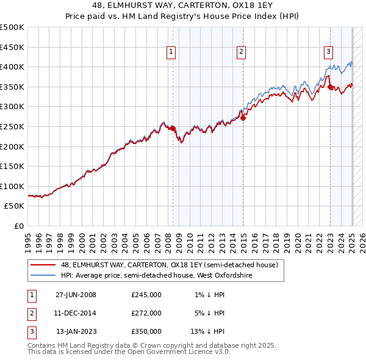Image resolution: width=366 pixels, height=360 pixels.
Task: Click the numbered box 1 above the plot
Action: [171, 52]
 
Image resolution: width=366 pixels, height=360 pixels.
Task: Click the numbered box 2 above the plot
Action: [242, 52]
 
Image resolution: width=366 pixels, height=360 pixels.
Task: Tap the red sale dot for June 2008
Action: [173, 129]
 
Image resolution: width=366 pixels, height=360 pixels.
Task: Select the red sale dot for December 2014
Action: [243, 118]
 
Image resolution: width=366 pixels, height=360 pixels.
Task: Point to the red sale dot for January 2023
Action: [330, 87]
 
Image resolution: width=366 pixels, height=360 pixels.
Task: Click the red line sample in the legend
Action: [43, 265]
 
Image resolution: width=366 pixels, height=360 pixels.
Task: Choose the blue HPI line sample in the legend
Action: [43, 275]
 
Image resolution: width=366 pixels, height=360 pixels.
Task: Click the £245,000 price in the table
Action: [146, 295]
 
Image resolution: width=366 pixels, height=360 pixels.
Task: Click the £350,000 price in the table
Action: [146, 331]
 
